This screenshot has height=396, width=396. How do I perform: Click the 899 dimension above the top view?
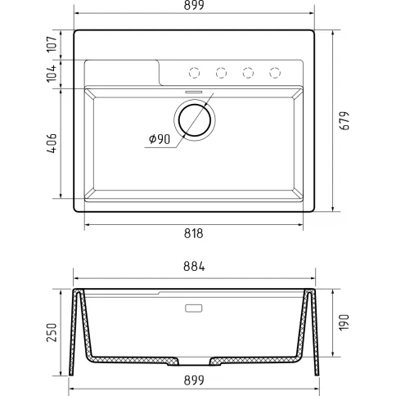194,5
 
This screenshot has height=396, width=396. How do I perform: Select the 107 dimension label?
52,43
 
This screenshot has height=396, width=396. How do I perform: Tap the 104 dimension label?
52,73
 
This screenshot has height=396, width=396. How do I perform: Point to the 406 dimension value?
52,143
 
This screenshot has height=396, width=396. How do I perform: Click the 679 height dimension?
344,120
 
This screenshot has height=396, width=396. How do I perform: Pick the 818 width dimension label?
194,234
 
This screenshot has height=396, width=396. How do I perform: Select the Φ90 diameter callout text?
160,139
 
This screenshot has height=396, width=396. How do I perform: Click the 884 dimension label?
194,267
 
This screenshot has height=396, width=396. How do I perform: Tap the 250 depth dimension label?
52,332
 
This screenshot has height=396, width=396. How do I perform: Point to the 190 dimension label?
344,322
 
